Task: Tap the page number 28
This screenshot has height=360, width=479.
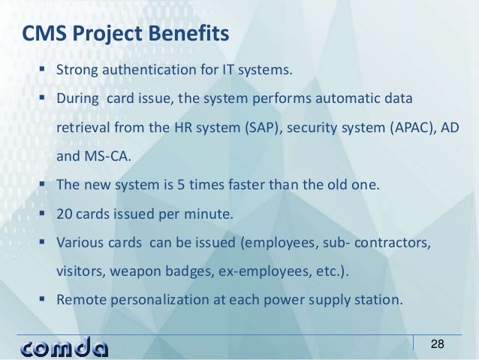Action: (x=437, y=343)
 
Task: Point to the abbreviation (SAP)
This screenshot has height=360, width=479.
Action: (x=261, y=129)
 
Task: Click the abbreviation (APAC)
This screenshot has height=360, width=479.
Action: (x=416, y=129)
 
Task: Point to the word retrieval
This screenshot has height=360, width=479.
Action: (x=83, y=129)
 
